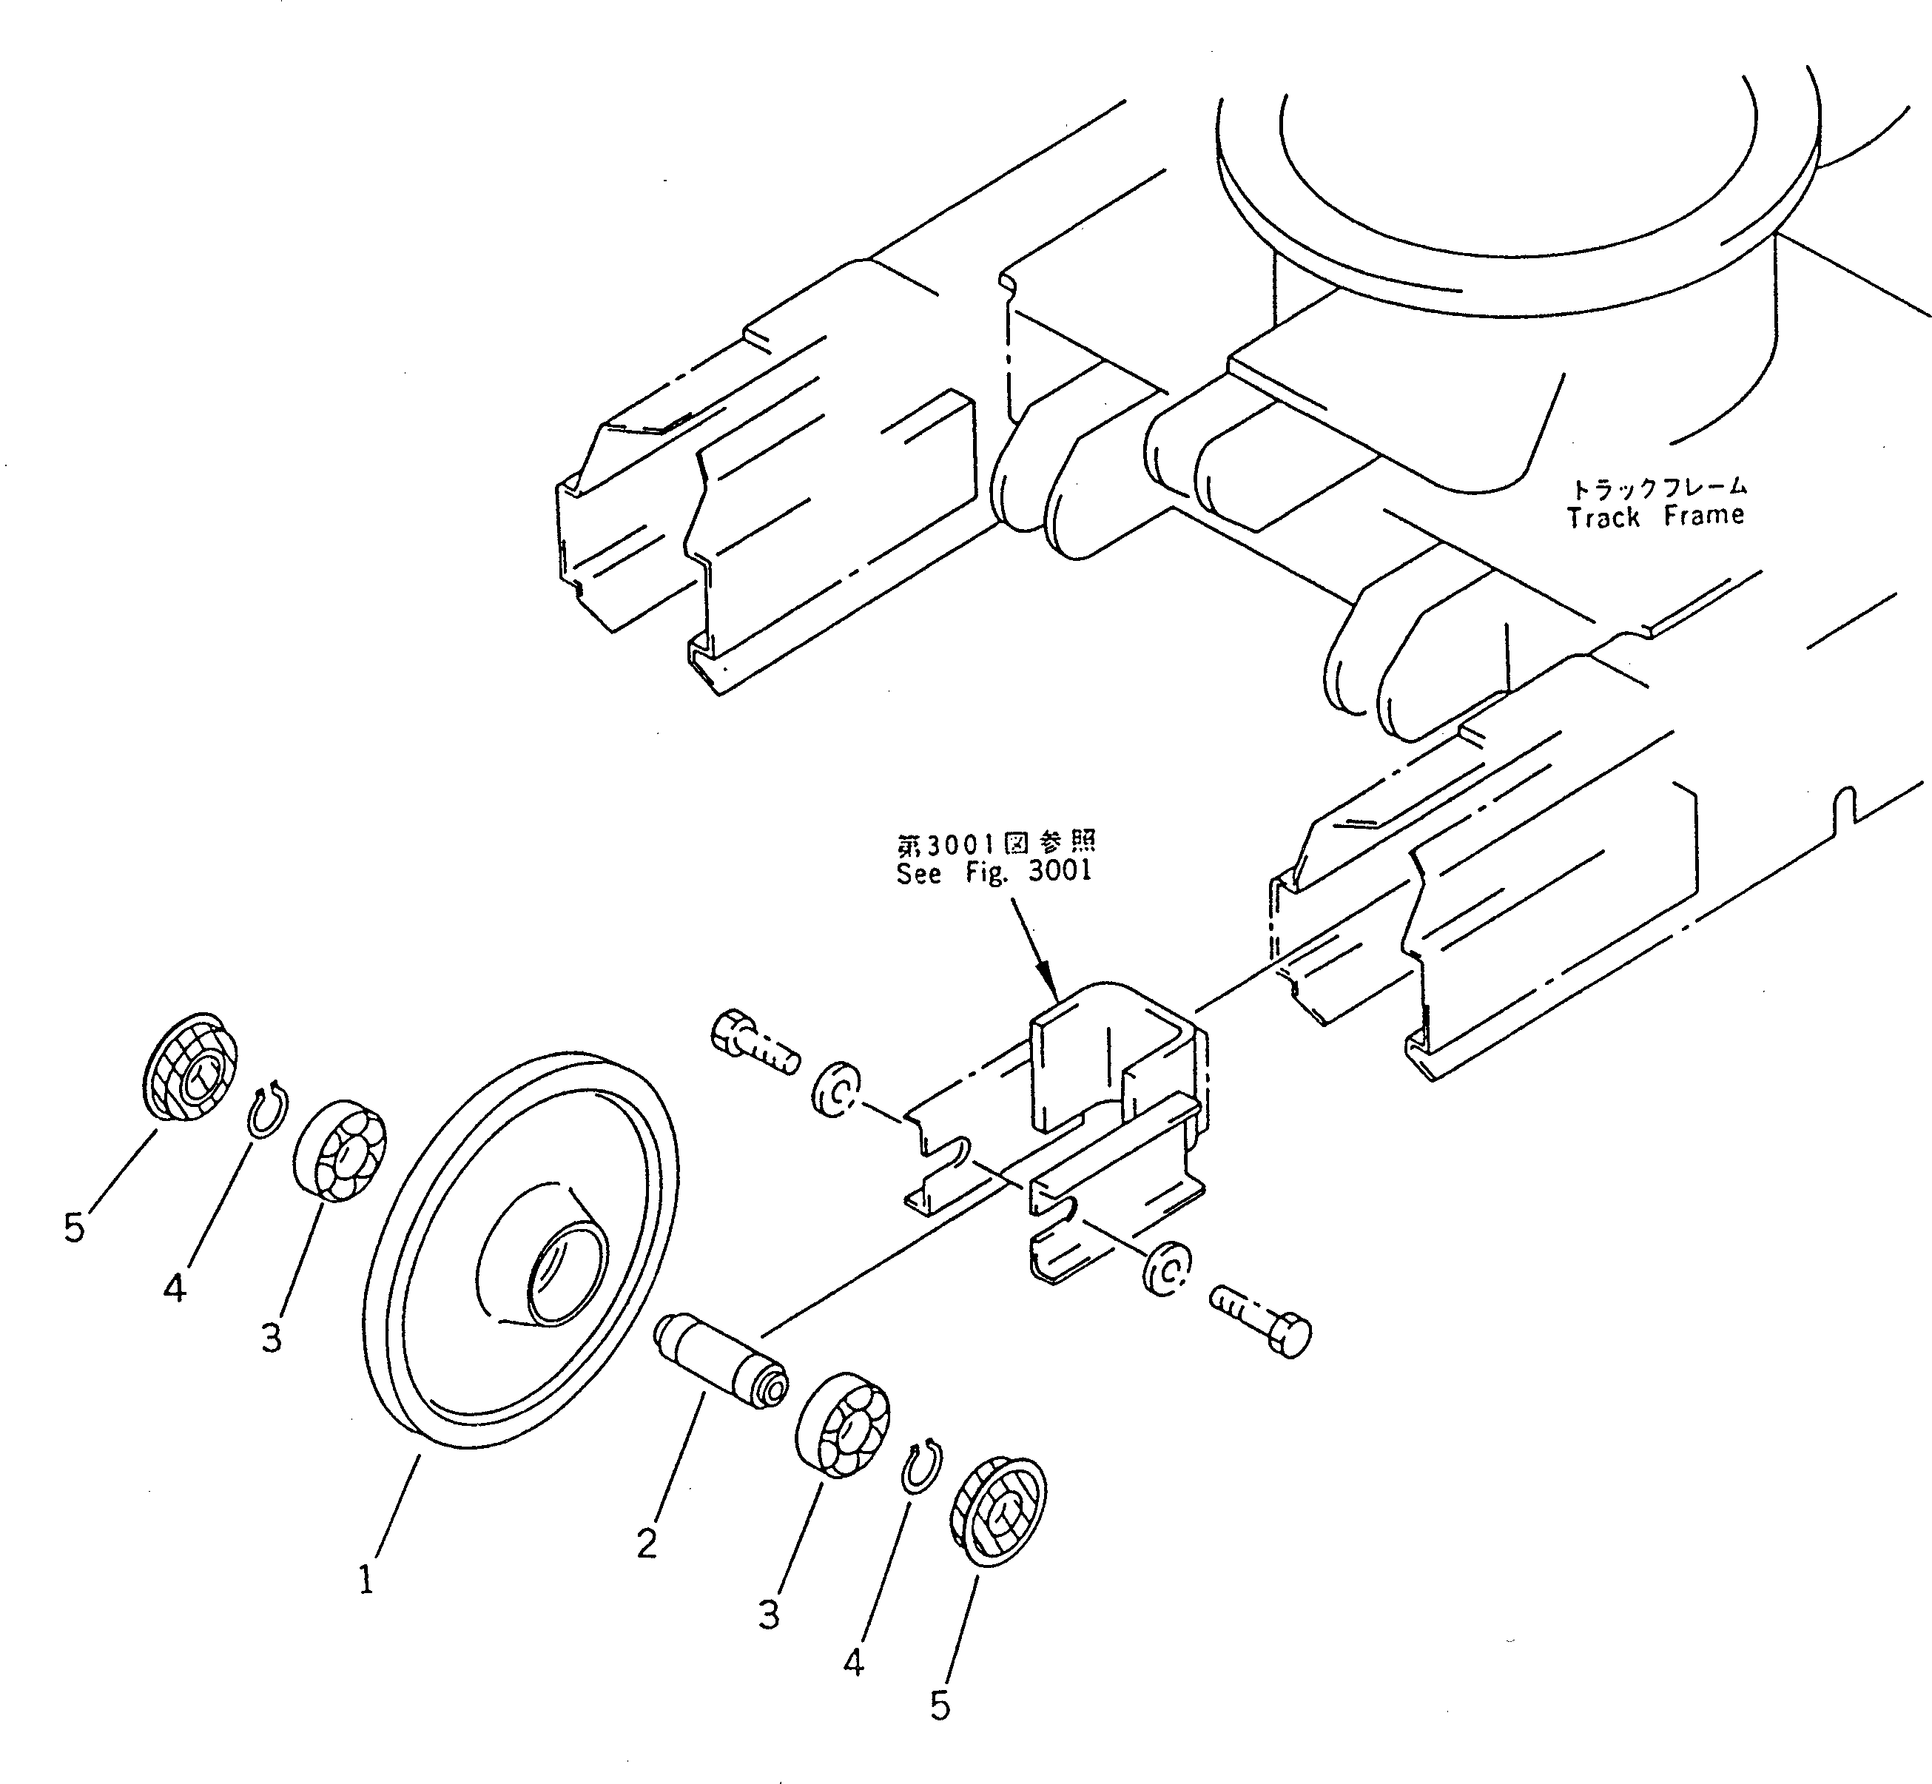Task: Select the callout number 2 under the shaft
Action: click(x=646, y=1542)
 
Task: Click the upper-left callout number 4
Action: click(x=174, y=1287)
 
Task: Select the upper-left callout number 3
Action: click(x=272, y=1337)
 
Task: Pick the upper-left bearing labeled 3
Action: click(x=339, y=1149)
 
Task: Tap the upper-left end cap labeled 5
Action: click(x=191, y=1067)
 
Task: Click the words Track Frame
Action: click(x=1655, y=516)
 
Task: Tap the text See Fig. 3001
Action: click(x=994, y=872)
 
